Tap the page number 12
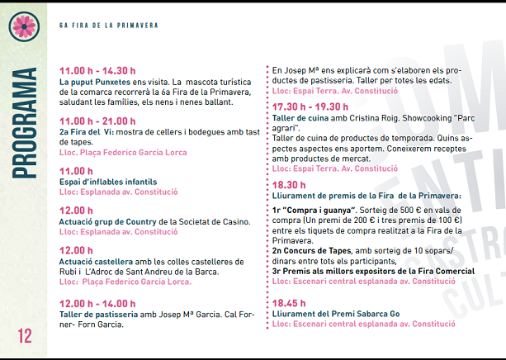[x=22, y=336]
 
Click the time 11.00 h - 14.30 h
[x=97, y=71]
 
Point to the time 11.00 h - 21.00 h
[x=97, y=121]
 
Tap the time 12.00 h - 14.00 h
[x=97, y=303]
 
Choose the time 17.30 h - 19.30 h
[x=310, y=107]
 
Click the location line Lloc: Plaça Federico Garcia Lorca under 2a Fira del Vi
[x=124, y=152]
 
